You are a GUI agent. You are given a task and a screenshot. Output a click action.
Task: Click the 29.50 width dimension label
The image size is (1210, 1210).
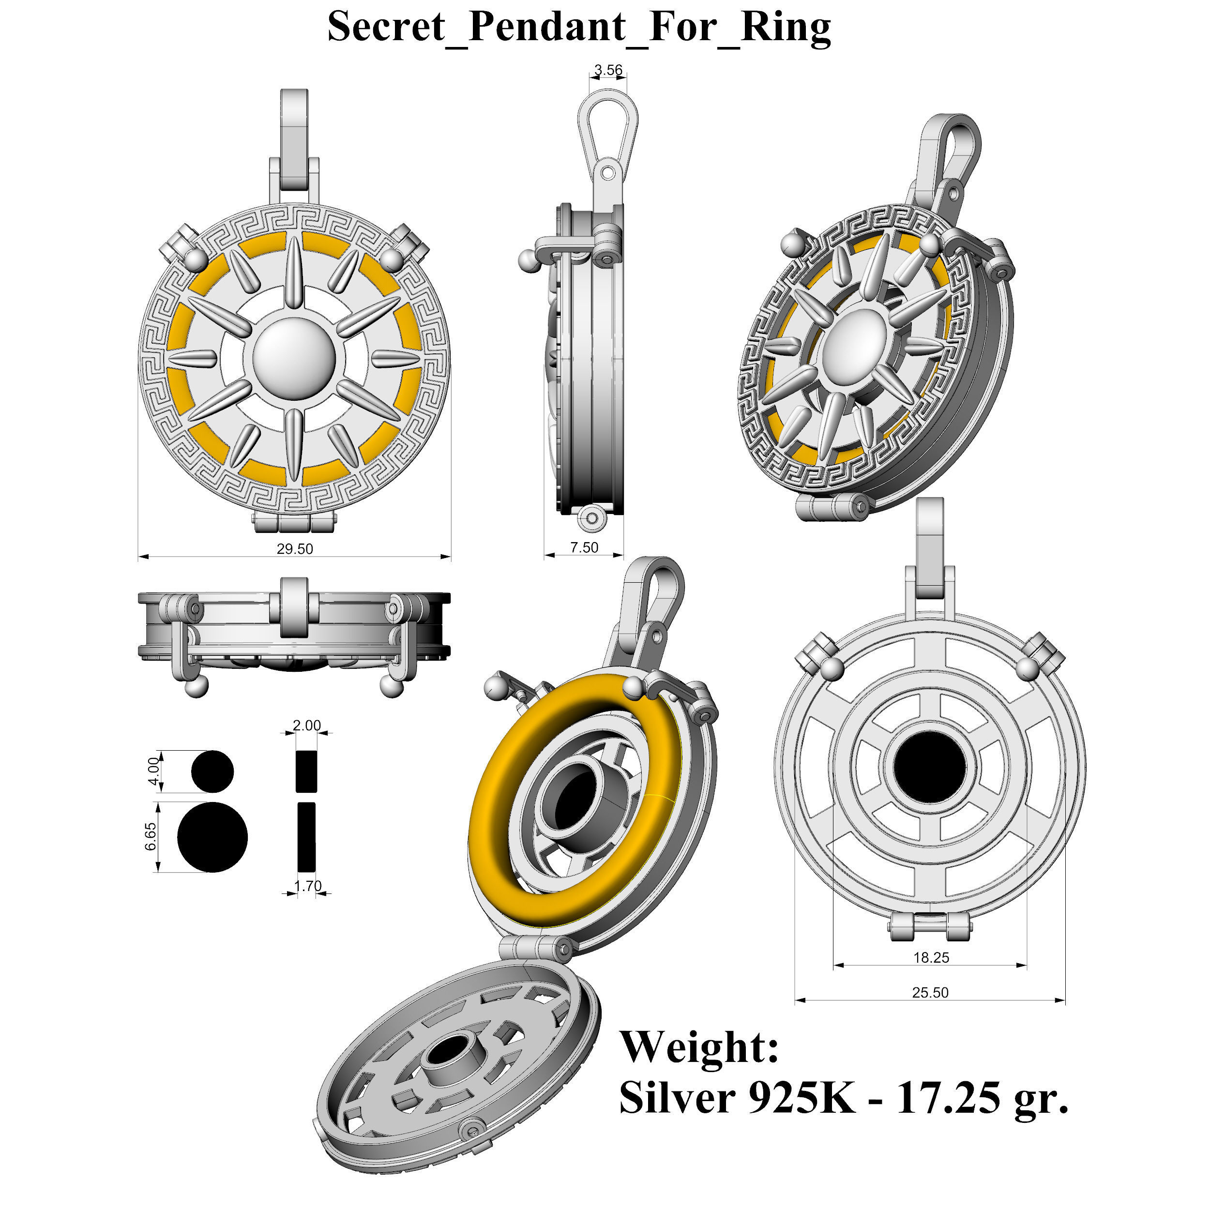click(x=295, y=549)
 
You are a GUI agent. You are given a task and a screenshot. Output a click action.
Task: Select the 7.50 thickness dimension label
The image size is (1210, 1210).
click(x=584, y=548)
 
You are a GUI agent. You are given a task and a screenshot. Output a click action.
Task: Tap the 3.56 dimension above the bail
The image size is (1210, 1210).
click(x=608, y=70)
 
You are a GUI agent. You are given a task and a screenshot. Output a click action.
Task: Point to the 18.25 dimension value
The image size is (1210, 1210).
click(x=931, y=958)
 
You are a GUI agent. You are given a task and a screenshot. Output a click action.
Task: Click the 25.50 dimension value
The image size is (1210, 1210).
click(x=930, y=993)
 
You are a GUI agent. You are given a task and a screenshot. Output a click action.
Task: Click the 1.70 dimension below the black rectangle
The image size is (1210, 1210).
click(x=307, y=886)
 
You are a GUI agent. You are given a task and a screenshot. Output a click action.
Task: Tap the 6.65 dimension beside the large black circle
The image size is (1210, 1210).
click(x=151, y=837)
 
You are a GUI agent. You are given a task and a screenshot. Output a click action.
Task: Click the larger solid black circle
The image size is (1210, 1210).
click(x=212, y=837)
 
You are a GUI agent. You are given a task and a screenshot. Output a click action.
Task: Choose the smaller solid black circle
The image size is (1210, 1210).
click(x=212, y=771)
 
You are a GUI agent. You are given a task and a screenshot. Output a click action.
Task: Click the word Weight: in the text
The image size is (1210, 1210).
click(x=699, y=1048)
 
